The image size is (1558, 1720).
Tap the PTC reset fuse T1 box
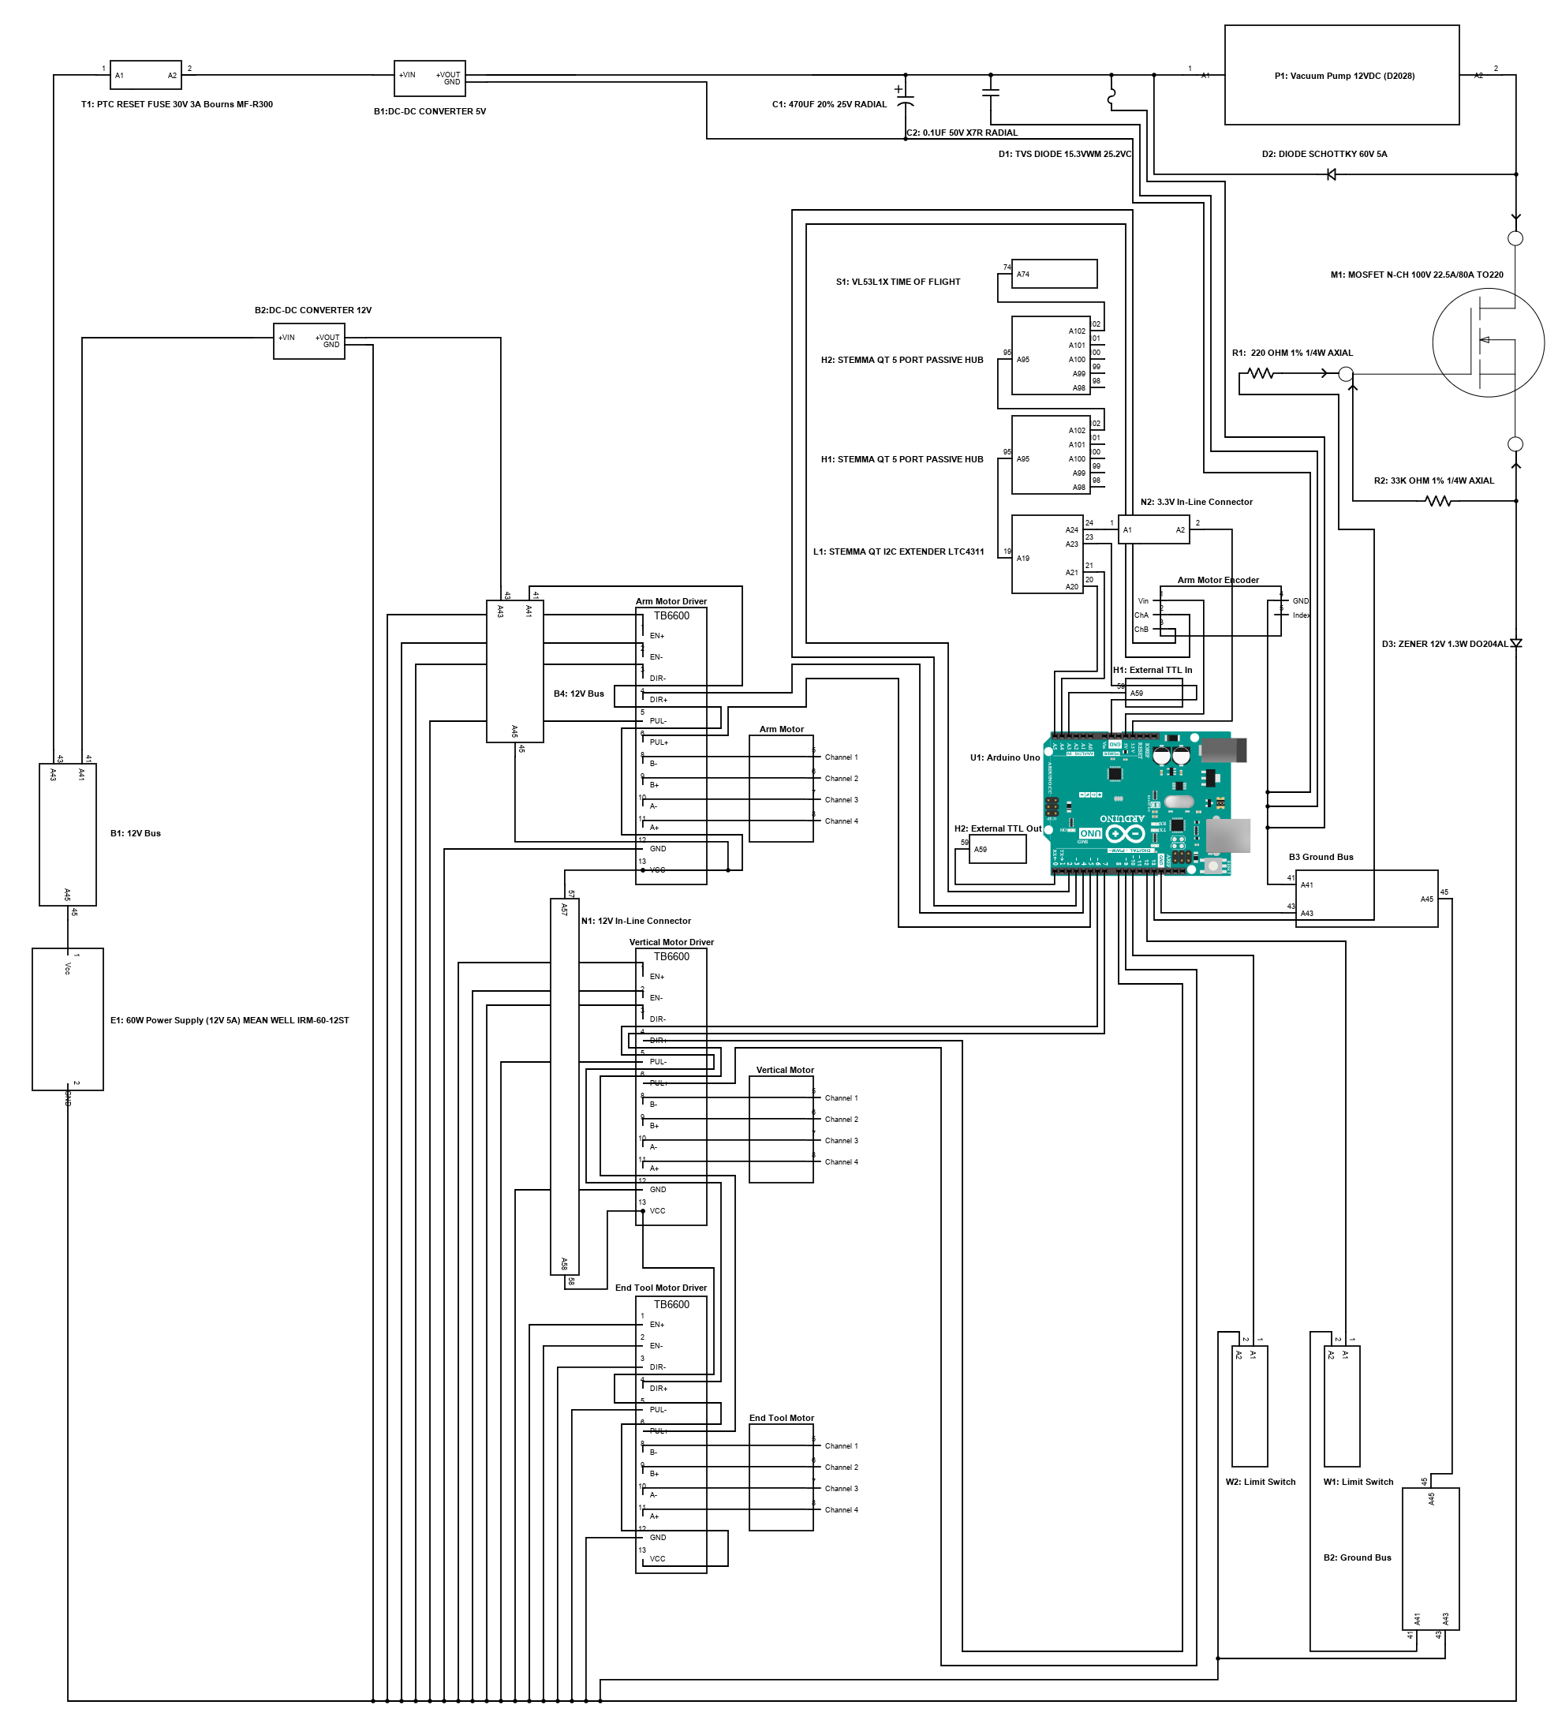point(146,75)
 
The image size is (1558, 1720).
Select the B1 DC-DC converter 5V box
point(429,77)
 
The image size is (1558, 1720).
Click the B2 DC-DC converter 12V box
point(309,342)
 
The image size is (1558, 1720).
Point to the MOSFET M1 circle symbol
point(1487,342)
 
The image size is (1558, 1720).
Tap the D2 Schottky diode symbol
point(1330,175)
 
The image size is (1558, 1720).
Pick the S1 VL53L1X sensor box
point(1054,274)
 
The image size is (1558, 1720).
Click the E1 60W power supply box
point(67,1019)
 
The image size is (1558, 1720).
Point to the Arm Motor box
point(781,788)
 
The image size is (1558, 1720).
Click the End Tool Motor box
point(781,1478)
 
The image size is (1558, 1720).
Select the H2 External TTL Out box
point(997,849)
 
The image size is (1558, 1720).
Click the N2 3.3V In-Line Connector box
point(1153,530)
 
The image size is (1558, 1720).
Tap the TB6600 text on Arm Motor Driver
point(671,616)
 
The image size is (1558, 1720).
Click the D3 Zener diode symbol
point(1515,643)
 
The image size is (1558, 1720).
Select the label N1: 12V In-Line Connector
point(636,921)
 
